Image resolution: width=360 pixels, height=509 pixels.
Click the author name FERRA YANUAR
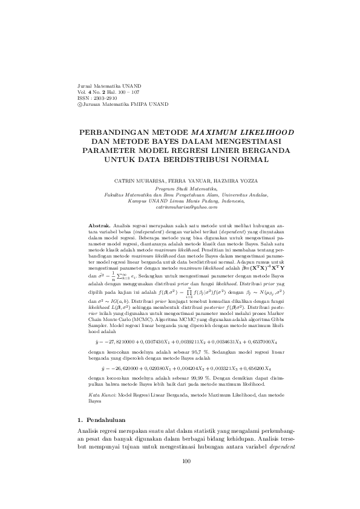click(x=185, y=181)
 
